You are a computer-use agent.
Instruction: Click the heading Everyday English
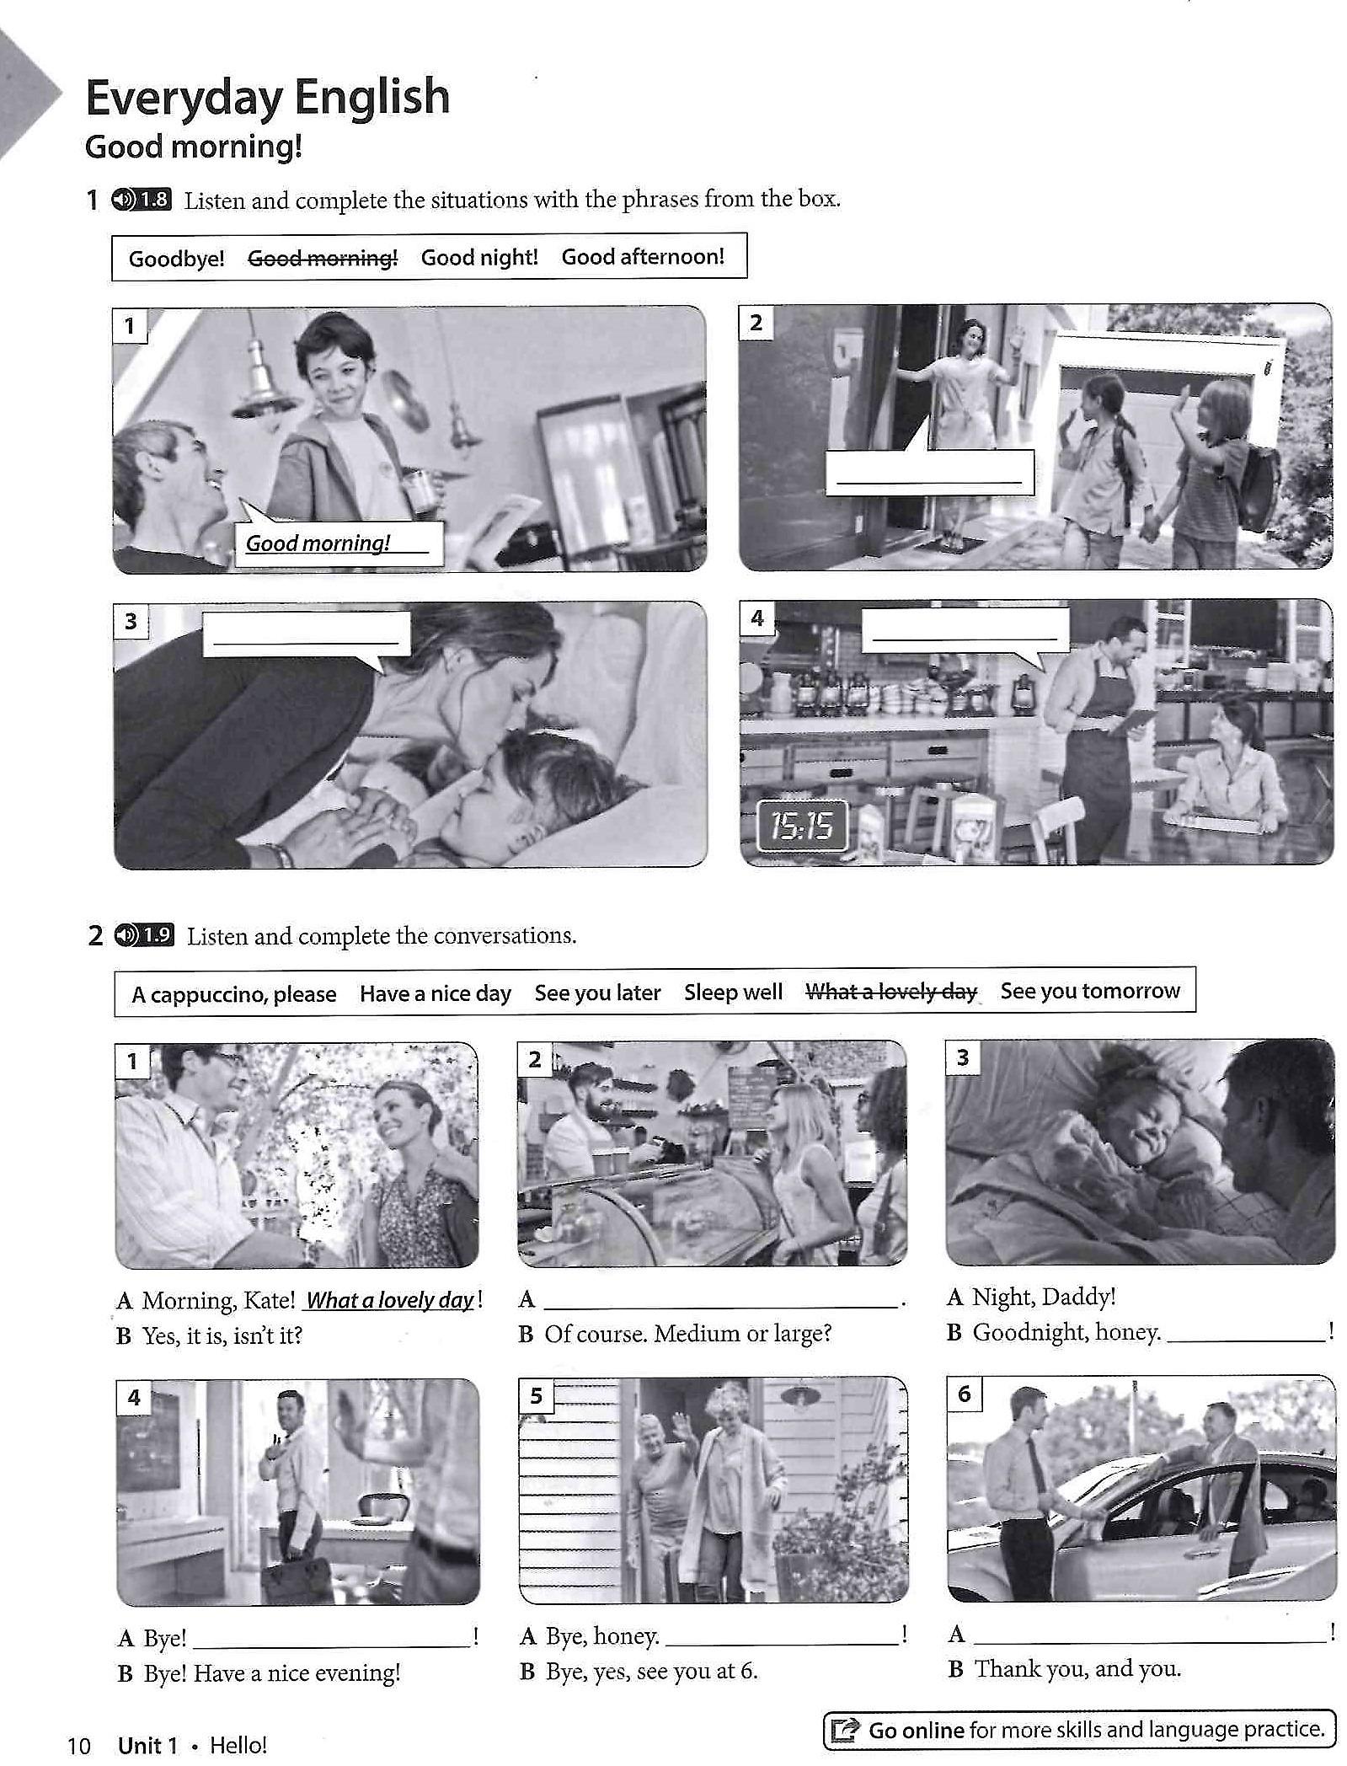coord(268,97)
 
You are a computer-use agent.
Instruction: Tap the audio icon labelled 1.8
coord(141,200)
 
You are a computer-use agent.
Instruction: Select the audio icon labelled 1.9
coord(143,935)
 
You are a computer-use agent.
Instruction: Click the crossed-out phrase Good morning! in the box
coord(323,258)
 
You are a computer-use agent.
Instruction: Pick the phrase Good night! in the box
coord(479,257)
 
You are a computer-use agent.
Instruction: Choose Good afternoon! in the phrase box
coord(643,256)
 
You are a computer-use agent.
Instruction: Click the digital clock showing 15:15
coord(802,827)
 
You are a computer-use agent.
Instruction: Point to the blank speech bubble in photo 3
coord(306,634)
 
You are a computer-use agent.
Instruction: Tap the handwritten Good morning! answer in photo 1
coord(318,543)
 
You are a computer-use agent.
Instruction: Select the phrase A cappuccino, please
coord(233,994)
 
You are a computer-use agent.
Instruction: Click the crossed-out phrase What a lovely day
coord(891,992)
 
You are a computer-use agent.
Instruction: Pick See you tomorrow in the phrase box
coord(1090,991)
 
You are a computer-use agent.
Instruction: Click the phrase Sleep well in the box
coord(733,993)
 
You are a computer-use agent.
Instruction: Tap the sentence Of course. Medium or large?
coord(687,1334)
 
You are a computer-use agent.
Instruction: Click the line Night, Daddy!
coord(1044,1297)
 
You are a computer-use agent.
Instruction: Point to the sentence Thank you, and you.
coord(1077,1668)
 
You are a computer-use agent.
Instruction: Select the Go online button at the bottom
coord(1079,1730)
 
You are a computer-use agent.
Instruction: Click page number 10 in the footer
coord(78,1745)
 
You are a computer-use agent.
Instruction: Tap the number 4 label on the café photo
coord(756,618)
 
